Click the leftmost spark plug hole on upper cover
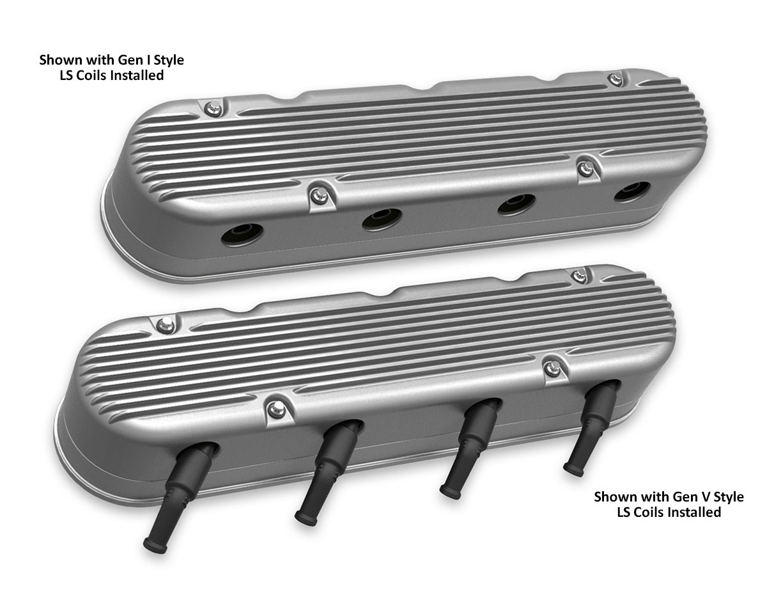(x=242, y=234)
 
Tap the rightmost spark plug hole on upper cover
(x=632, y=192)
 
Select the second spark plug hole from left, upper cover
(x=382, y=219)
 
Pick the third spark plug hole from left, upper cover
(x=516, y=205)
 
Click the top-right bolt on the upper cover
(x=615, y=80)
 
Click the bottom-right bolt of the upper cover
(x=585, y=169)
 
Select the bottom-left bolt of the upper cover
(x=318, y=196)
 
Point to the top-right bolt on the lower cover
(x=579, y=276)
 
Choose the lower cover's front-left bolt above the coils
(x=275, y=408)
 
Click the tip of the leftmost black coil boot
(x=154, y=544)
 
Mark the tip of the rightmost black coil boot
(x=573, y=471)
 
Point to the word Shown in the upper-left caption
(x=57, y=61)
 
